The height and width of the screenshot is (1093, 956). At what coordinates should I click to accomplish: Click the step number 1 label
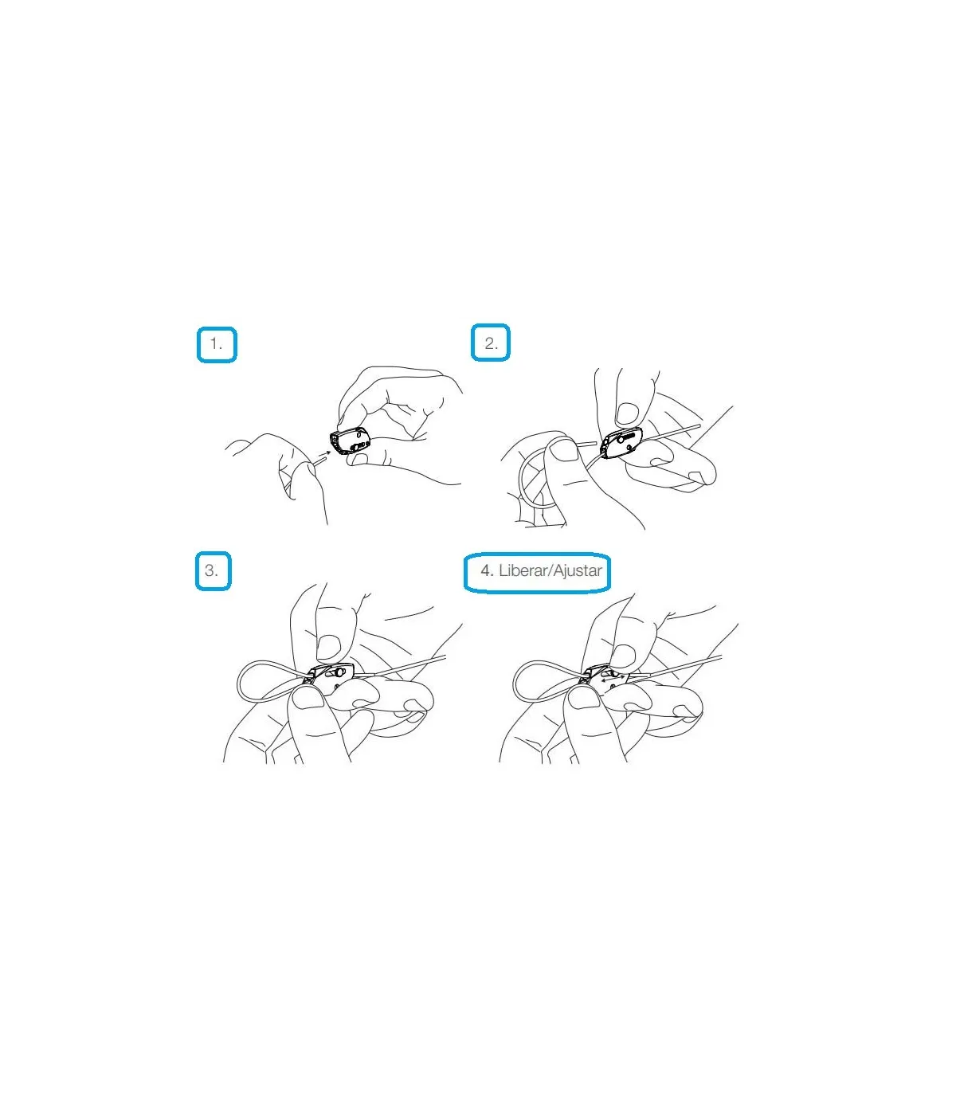click(217, 343)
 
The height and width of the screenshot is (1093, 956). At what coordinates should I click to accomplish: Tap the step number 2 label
click(491, 343)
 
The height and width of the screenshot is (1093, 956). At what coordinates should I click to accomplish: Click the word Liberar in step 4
click(523, 570)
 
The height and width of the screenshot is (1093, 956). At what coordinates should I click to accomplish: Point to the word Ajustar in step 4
click(577, 571)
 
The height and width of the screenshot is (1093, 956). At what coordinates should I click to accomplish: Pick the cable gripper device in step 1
click(350, 441)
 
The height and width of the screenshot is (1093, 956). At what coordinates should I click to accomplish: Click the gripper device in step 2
click(621, 443)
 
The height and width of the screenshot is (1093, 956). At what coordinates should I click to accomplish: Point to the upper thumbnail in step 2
click(627, 413)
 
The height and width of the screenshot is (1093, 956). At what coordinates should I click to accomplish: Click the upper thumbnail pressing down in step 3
click(329, 646)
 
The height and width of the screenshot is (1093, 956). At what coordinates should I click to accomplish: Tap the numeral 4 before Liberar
click(485, 570)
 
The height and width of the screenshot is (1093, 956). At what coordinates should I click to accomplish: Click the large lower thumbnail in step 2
click(563, 450)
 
